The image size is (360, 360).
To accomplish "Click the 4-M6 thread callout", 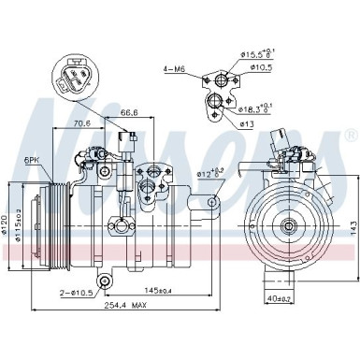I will coord(174,68).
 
